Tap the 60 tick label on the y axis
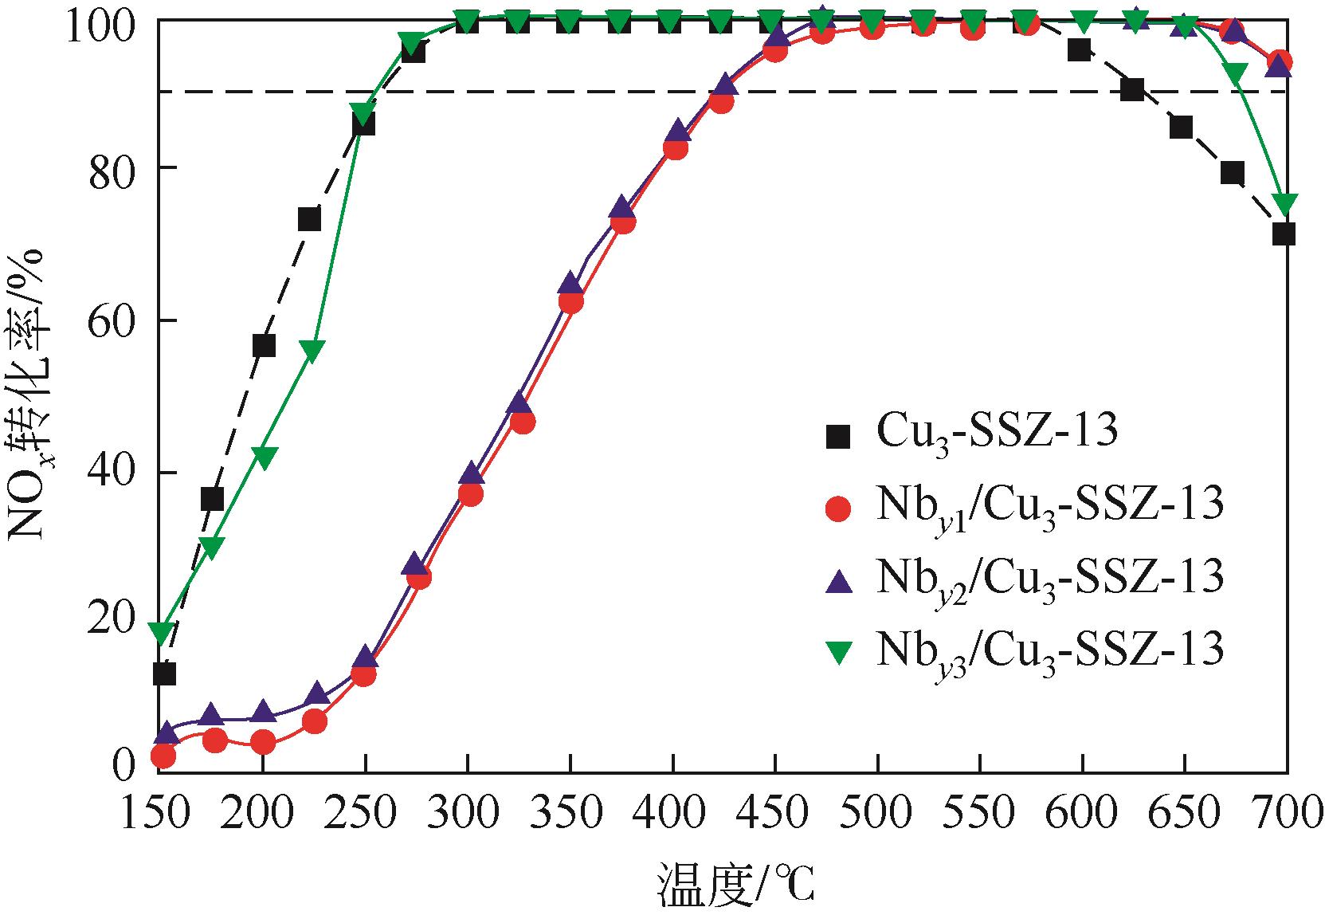coord(112,321)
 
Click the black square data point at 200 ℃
coord(264,346)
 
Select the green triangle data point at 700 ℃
coord(1283,204)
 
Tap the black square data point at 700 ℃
coord(1284,234)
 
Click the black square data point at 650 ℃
coord(1181,127)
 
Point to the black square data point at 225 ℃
coord(309,219)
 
